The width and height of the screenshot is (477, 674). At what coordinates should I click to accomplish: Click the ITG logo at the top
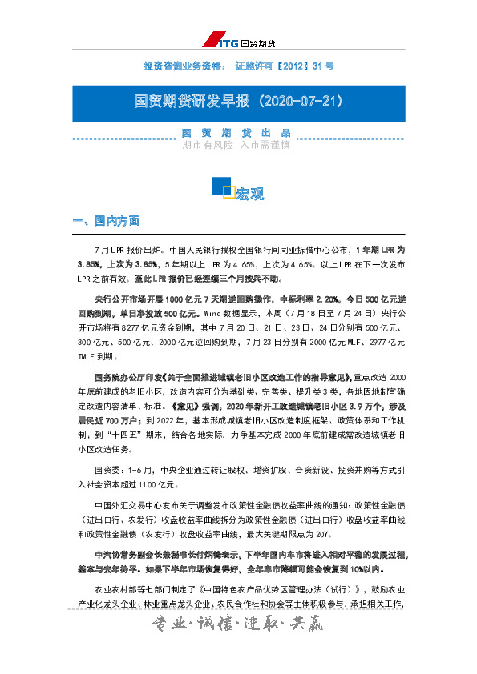238,42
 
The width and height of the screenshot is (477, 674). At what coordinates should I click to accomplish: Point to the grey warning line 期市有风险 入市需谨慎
236,146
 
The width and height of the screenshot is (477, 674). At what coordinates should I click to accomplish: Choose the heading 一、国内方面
107,221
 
